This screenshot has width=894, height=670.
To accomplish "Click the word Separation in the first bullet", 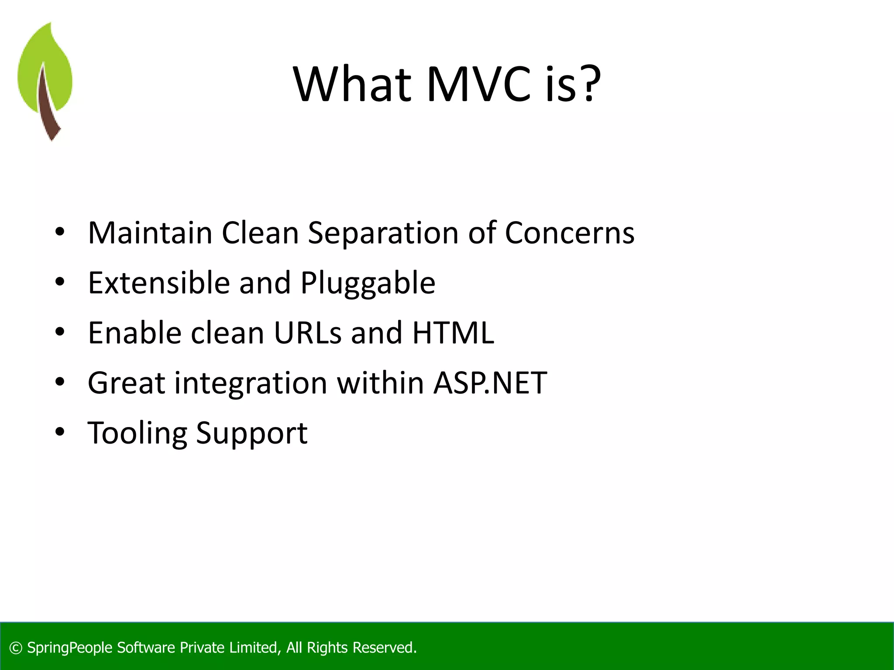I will tap(383, 233).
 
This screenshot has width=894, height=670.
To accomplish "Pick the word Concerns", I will tap(569, 233).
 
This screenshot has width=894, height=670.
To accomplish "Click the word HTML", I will tap(453, 333).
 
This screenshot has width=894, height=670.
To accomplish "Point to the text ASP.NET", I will tap(490, 383).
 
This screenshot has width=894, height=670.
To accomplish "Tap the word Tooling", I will tap(137, 434).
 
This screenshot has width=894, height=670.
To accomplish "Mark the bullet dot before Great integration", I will tap(60, 382).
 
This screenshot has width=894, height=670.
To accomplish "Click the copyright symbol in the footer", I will tap(16, 648).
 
